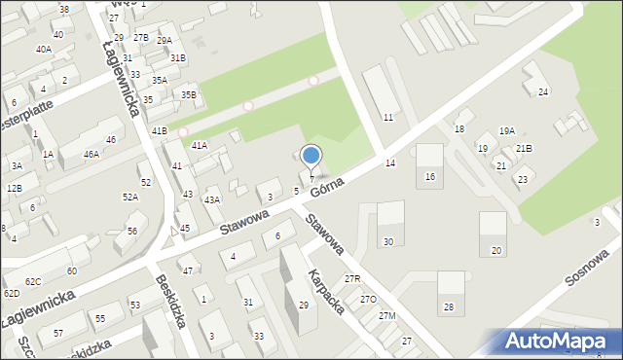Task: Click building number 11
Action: tap(388, 118)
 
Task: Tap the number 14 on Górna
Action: tap(390, 162)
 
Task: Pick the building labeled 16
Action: tap(430, 177)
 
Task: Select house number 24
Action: tap(543, 92)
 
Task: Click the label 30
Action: tap(388, 241)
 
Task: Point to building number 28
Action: tap(449, 307)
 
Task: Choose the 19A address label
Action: tap(507, 131)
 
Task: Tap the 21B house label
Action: tap(525, 149)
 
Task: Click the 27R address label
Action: tap(352, 279)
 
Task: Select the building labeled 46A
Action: tap(91, 154)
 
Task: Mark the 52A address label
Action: tap(129, 197)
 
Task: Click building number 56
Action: tap(131, 231)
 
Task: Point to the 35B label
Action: tap(189, 94)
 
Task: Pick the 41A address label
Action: tap(199, 145)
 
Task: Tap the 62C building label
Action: tap(33, 281)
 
